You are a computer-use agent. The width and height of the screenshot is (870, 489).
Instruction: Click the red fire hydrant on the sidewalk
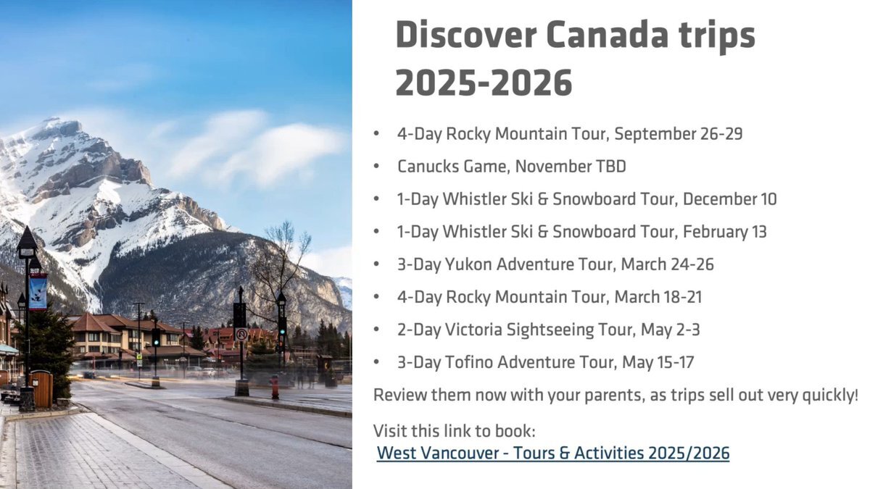pyautogui.click(x=275, y=387)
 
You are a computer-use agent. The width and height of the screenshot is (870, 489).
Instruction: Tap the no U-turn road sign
pyautogui.click(x=241, y=334)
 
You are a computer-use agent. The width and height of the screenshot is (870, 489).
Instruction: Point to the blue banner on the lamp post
pyautogui.click(x=38, y=291)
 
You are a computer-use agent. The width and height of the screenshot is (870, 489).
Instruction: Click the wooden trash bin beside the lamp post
pyautogui.click(x=41, y=389)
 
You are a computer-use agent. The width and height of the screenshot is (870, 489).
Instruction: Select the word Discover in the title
pyautogui.click(x=466, y=35)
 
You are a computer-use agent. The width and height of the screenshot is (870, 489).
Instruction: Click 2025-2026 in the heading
pyautogui.click(x=484, y=83)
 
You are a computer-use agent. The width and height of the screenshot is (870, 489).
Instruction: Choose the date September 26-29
pyautogui.click(x=678, y=134)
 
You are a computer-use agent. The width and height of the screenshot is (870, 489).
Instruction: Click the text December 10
pyautogui.click(x=729, y=199)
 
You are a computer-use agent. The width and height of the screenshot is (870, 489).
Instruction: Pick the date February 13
pyautogui.click(x=724, y=232)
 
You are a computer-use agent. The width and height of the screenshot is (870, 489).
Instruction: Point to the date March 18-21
pyautogui.click(x=658, y=297)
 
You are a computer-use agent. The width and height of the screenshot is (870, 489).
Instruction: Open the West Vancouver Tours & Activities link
pyautogui.click(x=553, y=454)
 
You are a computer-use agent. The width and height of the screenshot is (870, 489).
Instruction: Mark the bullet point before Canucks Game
pyautogui.click(x=376, y=167)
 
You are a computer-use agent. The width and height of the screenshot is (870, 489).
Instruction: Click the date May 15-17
pyautogui.click(x=658, y=362)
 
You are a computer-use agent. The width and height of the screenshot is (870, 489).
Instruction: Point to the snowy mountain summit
pyautogui.click(x=52, y=121)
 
